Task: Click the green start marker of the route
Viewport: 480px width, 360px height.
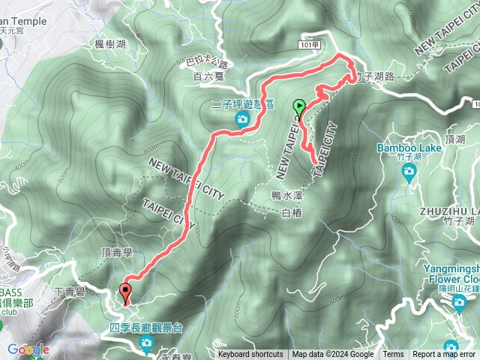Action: click(x=300, y=108)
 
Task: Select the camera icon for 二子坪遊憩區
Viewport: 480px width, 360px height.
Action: click(x=242, y=120)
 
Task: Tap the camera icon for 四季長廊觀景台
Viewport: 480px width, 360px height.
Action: click(x=147, y=343)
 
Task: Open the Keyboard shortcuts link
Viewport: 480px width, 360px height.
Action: click(x=250, y=355)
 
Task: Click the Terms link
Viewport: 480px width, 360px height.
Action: click(x=393, y=355)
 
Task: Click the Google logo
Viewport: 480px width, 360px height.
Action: click(x=28, y=349)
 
